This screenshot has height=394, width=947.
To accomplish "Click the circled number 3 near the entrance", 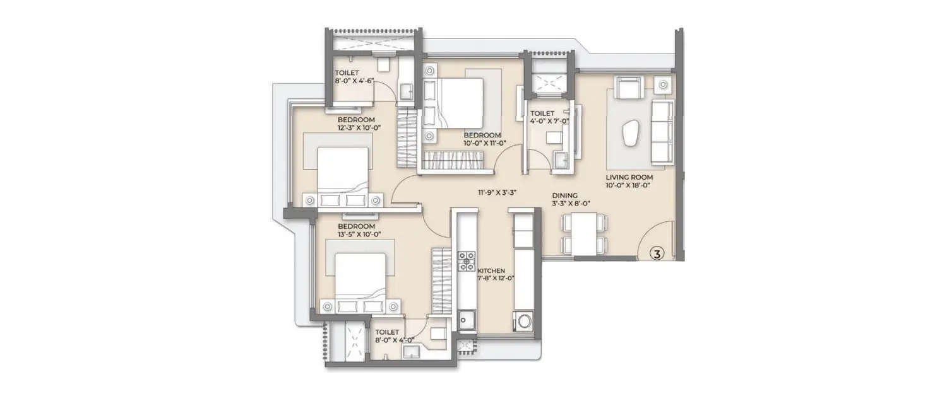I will point(657,254).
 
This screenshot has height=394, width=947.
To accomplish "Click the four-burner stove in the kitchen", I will point(467,261).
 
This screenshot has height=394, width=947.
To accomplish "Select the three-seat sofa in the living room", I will point(662,131).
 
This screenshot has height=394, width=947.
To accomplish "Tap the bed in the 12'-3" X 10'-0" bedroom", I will point(342,170).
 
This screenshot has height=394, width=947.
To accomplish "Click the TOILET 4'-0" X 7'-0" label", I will point(549,117).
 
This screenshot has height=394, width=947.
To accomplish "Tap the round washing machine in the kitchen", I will point(524,322).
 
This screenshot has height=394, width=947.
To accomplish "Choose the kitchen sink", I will point(467,322).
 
